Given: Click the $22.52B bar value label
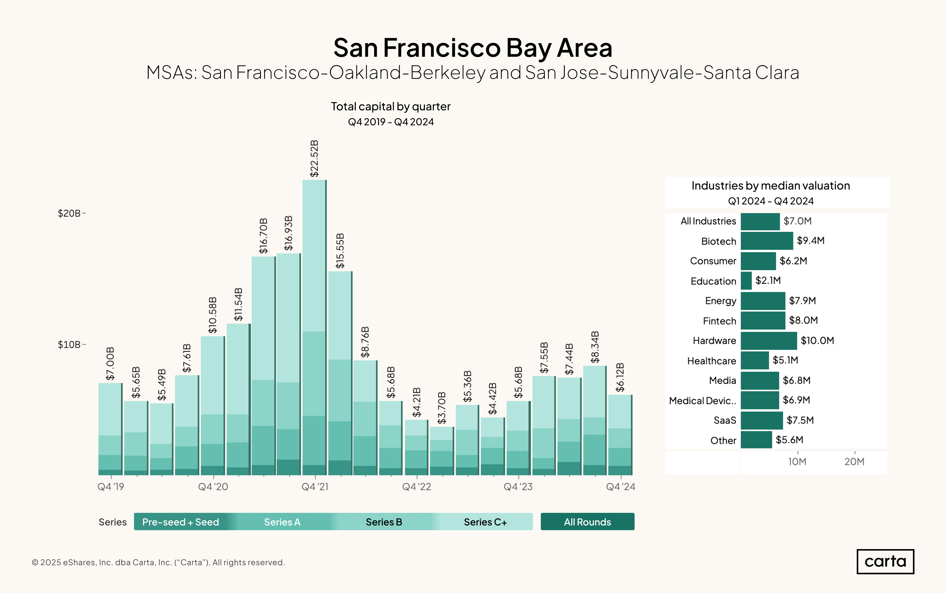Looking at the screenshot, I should point(314,159).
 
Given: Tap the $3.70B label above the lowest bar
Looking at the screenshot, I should point(442,408).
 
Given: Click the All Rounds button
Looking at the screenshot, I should point(587,522).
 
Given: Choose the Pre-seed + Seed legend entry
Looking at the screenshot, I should point(181,522).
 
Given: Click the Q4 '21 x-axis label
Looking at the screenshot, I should point(315,487).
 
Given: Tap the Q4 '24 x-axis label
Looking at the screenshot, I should point(621,487).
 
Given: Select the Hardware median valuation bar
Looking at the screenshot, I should point(769,340).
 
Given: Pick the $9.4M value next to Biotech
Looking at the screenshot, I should point(811,240).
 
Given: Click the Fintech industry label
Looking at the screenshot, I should point(720,321).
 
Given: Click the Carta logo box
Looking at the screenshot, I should point(885,562).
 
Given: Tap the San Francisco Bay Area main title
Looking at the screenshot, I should point(473,48).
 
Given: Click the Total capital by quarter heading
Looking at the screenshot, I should point(390,106).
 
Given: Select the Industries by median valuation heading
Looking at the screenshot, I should point(771,186).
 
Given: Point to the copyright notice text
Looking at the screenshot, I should point(158,562).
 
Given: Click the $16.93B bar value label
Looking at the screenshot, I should point(288,233).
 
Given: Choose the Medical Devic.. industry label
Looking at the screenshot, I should point(702,401).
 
